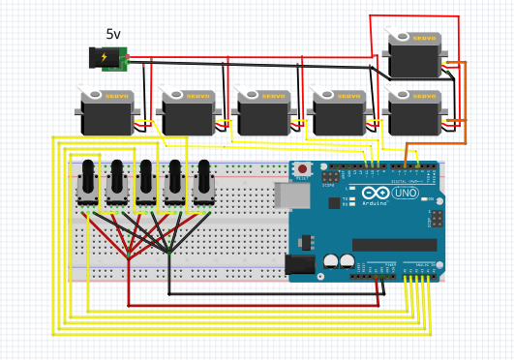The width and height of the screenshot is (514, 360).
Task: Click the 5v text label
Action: click(113, 35)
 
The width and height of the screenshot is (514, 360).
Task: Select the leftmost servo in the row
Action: click(106, 113)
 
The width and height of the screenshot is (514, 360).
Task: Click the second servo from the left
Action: click(187, 113)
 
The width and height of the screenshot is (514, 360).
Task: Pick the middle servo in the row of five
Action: click(262, 113)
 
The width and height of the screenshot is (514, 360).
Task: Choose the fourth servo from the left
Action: click(338, 113)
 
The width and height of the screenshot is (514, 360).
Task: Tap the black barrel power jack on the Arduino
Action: click(299, 262)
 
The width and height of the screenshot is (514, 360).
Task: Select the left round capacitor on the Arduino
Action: click(331, 260)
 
